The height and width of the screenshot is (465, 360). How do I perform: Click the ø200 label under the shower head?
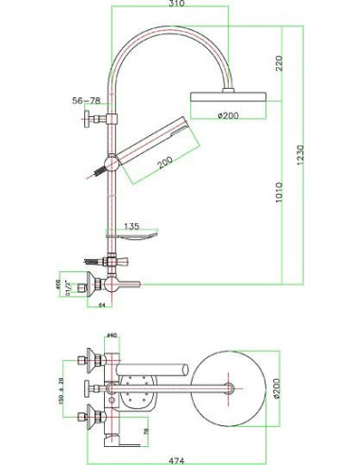(230, 114)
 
